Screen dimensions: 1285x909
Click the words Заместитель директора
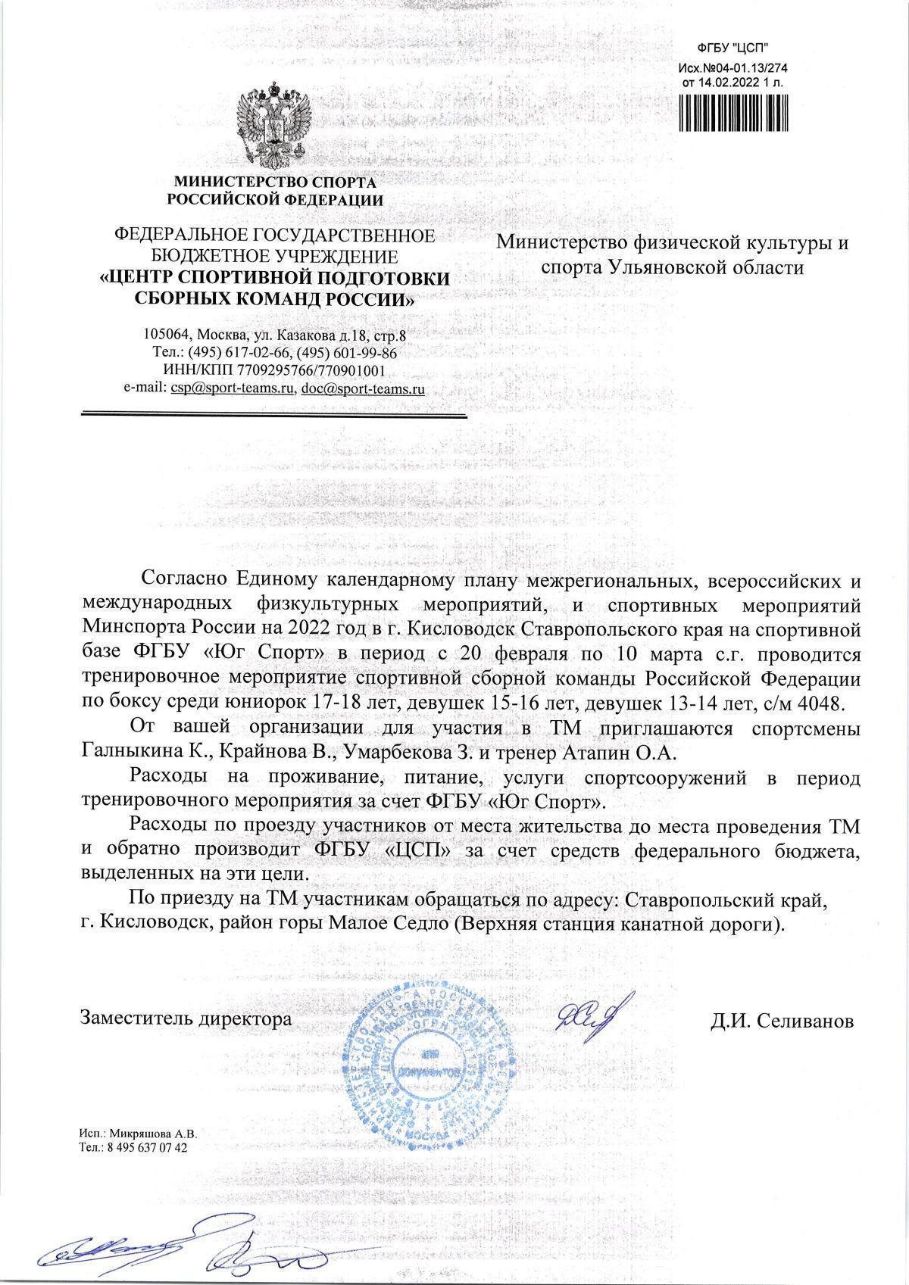click(186, 1018)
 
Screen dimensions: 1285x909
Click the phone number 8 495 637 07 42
click(148, 1168)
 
